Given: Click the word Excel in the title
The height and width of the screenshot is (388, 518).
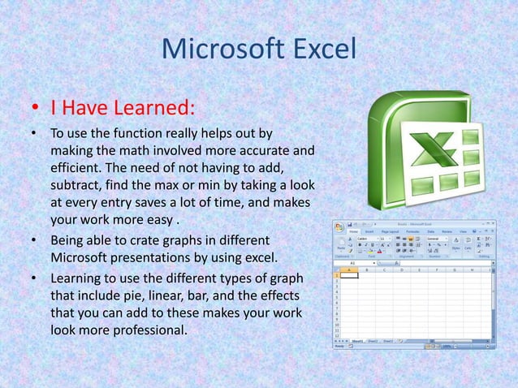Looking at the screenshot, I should click(x=318, y=49).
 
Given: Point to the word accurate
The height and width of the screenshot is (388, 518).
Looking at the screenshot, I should click(x=248, y=150).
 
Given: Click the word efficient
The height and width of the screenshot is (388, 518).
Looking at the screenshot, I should click(x=77, y=167).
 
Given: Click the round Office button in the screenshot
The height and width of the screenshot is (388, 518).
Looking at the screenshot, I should click(x=339, y=226).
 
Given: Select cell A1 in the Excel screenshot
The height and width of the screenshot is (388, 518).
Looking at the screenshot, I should click(x=349, y=275).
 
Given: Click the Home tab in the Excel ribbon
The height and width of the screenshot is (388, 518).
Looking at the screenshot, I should click(x=355, y=231).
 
